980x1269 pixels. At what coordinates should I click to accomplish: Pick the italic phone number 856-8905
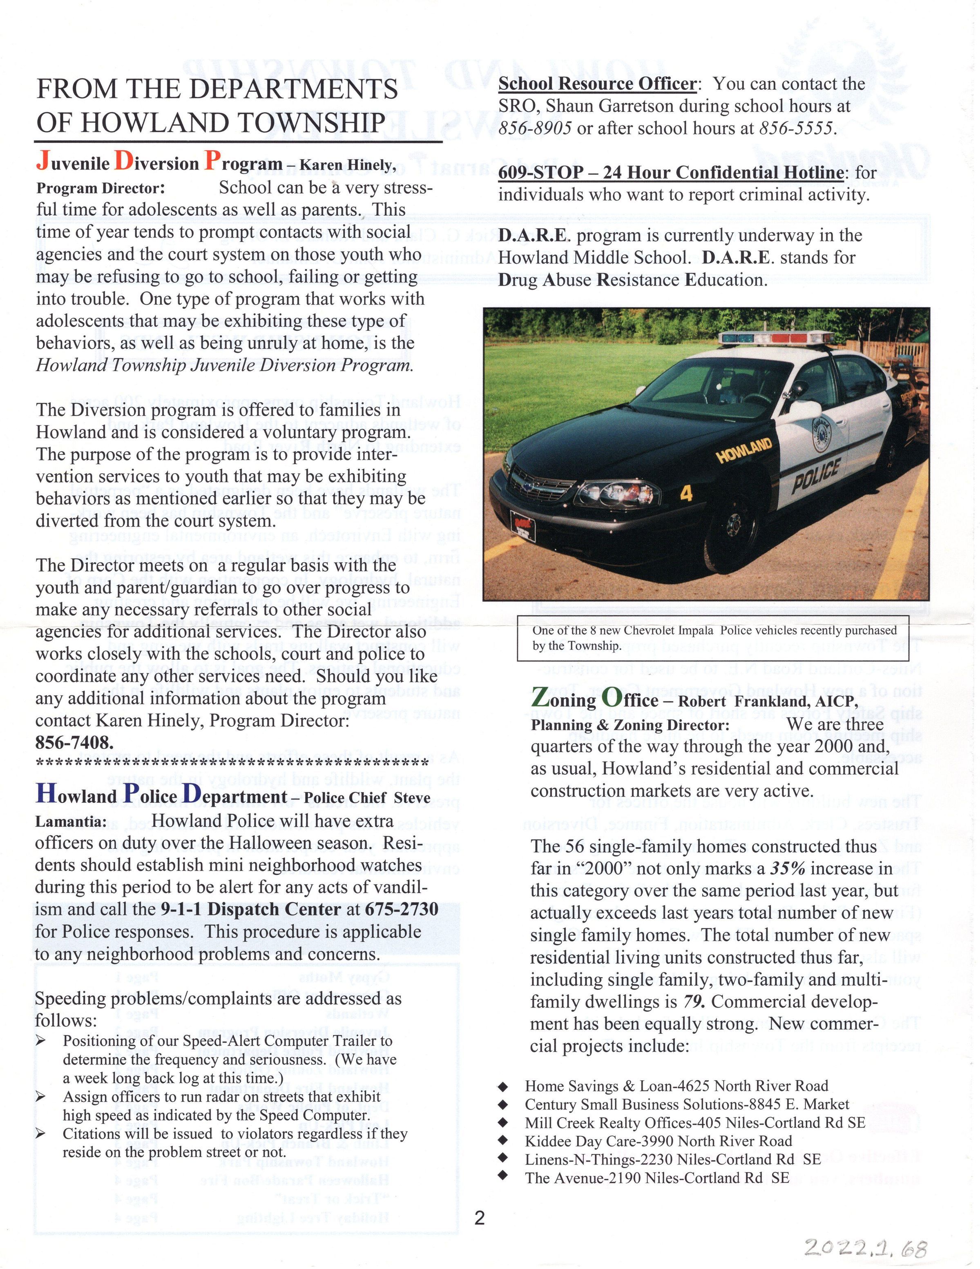(535, 128)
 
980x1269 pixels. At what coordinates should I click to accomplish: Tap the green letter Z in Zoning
(539, 697)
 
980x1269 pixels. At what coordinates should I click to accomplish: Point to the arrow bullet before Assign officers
(41, 1096)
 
